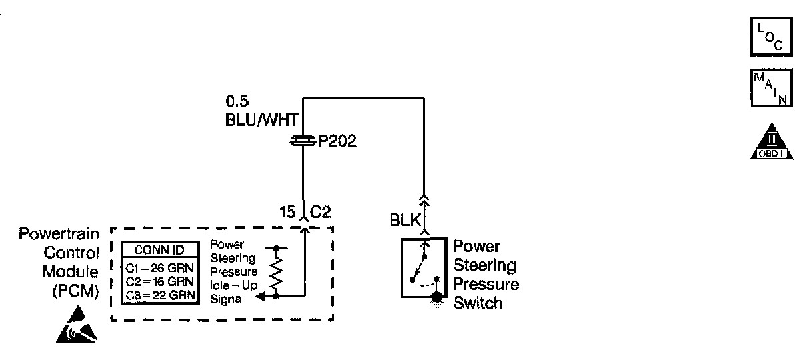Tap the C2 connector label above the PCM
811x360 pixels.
[x=321, y=213]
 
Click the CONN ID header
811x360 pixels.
[x=159, y=251]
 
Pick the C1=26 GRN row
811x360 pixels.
[x=159, y=268]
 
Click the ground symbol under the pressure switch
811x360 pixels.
[x=436, y=299]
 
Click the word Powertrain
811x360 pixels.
[x=59, y=235]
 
